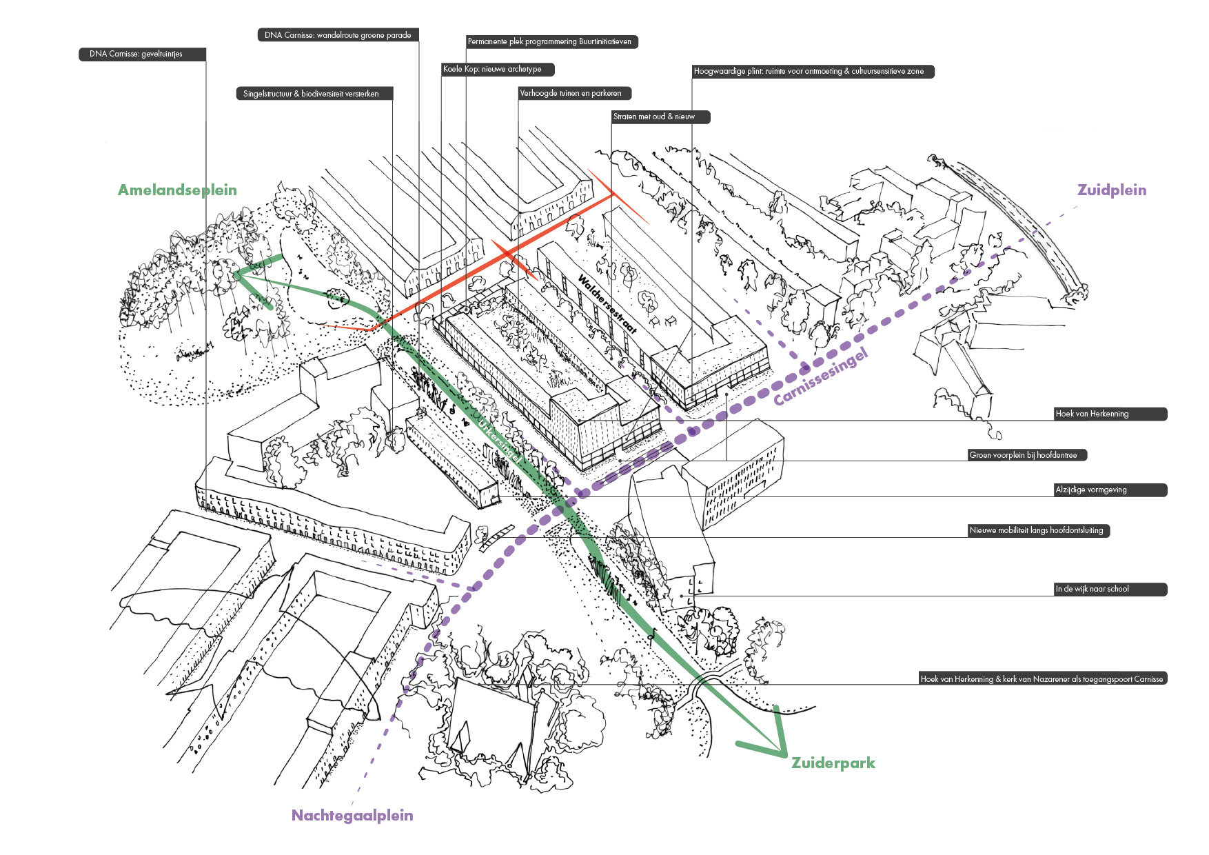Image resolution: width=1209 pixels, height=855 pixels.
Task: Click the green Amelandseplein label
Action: [x=177, y=190]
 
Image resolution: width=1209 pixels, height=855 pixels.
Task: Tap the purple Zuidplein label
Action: [x=1111, y=190]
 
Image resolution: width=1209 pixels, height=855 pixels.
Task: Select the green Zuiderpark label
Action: [x=833, y=763]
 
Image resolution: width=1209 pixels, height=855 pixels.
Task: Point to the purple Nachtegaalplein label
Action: [x=352, y=815]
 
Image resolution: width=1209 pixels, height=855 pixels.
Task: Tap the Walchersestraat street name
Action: [x=607, y=304]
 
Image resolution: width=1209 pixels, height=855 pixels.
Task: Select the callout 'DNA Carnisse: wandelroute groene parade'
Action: [x=338, y=35]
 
